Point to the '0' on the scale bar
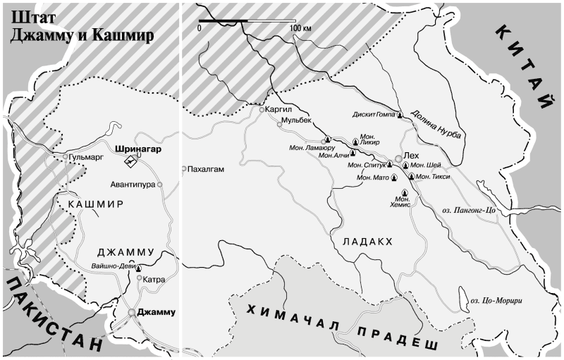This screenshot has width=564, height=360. (x=200, y=27)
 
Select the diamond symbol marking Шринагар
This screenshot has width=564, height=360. (x=130, y=161)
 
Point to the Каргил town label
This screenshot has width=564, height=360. (x=279, y=110)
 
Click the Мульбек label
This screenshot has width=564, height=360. (x=296, y=121)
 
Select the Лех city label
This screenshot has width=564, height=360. (x=410, y=159)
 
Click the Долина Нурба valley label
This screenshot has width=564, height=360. (x=435, y=125)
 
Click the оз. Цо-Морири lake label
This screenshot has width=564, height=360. (x=498, y=302)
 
